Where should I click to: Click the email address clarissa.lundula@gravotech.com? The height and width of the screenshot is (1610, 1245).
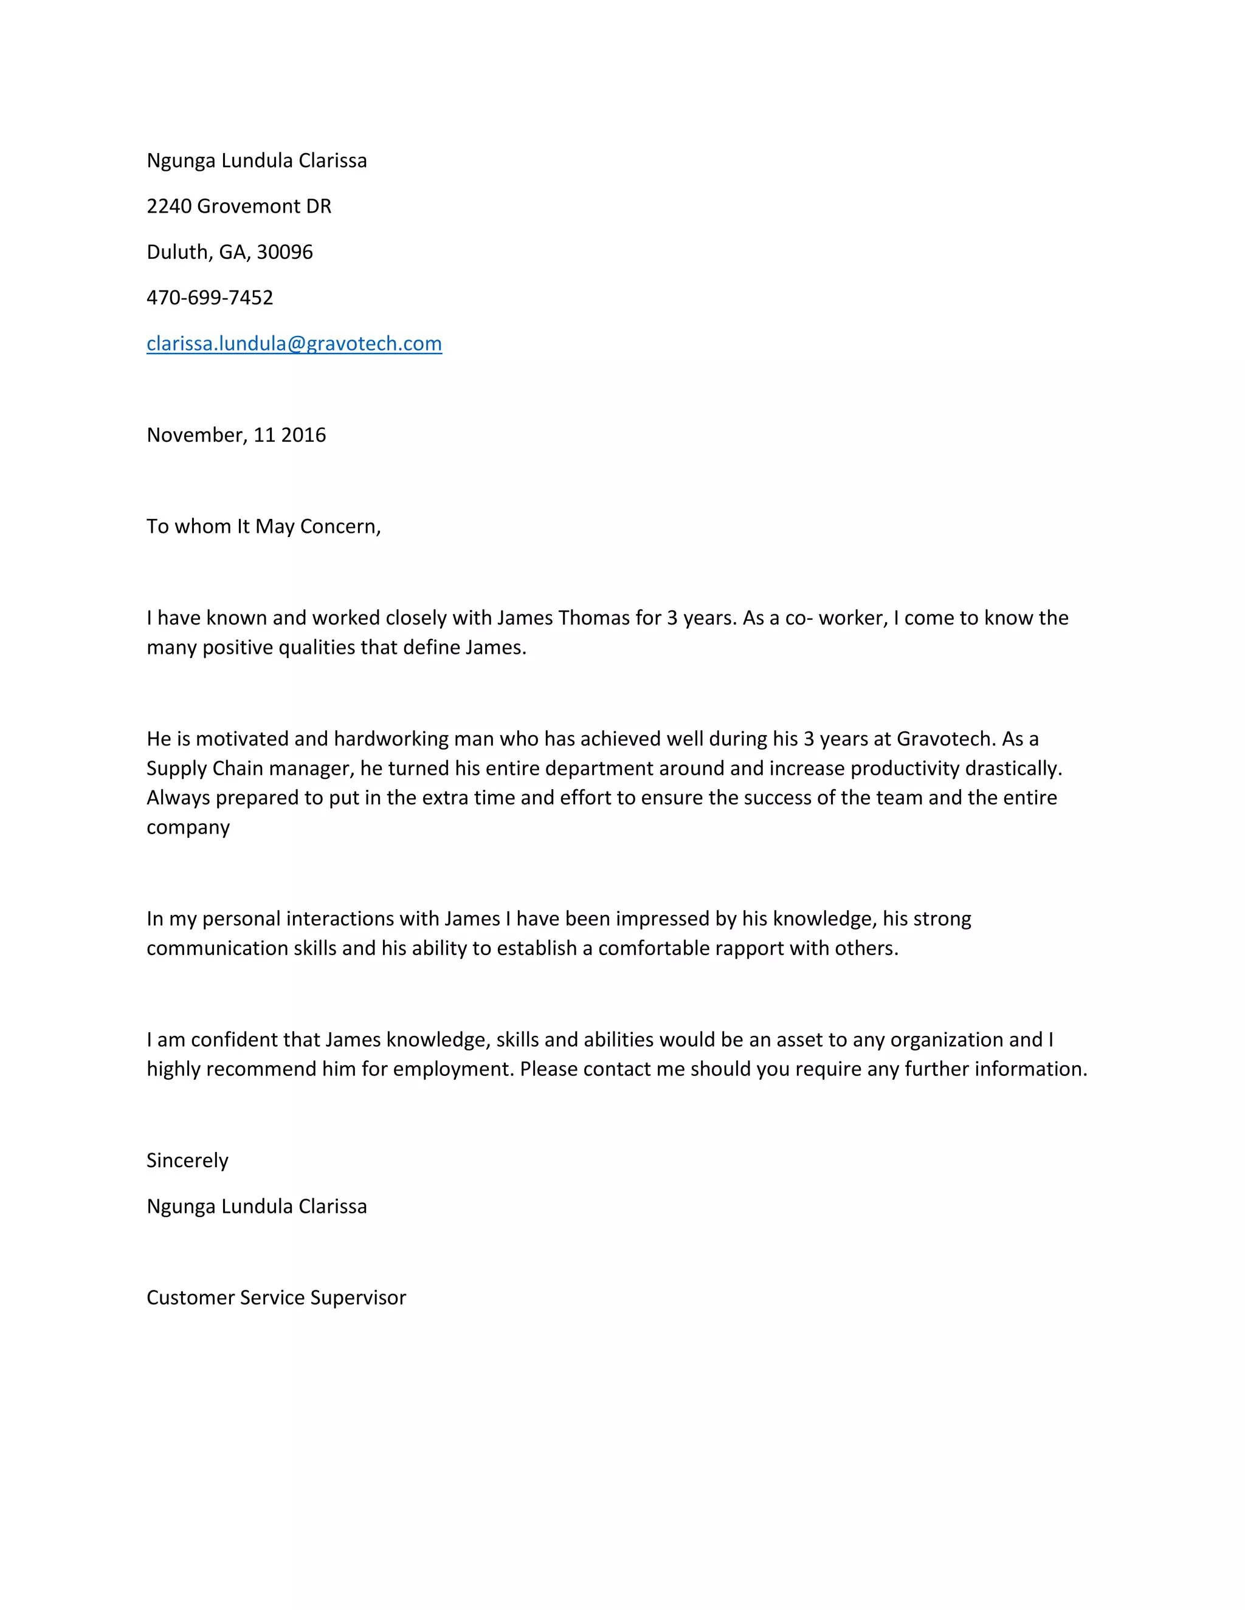click(x=294, y=343)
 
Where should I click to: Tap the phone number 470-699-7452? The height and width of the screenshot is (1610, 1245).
click(x=210, y=298)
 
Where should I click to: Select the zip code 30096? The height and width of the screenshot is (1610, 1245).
click(x=285, y=252)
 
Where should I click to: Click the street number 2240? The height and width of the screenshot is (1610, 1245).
click(x=169, y=207)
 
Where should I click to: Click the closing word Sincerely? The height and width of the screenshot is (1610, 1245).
click(x=187, y=1161)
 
